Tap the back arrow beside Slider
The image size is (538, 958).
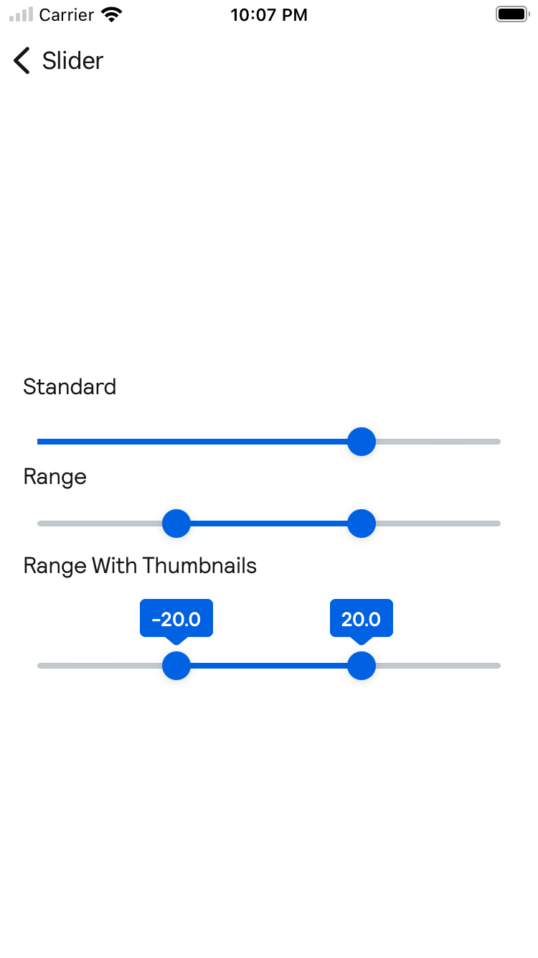[x=22, y=61]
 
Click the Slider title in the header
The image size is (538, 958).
[x=72, y=61]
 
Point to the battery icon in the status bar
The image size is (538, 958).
[x=511, y=14]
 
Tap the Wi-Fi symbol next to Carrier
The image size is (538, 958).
[x=111, y=14]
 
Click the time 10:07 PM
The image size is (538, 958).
[x=269, y=15]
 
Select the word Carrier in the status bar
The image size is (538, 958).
[x=67, y=15]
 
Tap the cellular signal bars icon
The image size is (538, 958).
[x=22, y=14]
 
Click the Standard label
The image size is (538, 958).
[x=70, y=387]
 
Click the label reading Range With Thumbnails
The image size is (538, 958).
[x=140, y=566]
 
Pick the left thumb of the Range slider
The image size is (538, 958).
[x=176, y=524]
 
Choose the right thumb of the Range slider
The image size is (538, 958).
[x=362, y=524]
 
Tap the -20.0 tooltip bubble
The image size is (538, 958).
[x=176, y=618]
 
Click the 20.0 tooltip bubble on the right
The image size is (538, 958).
[x=362, y=618]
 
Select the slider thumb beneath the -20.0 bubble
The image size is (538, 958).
[x=176, y=666]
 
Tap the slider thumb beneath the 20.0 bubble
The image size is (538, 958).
[x=362, y=666]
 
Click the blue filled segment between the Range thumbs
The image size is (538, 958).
[x=269, y=524]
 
